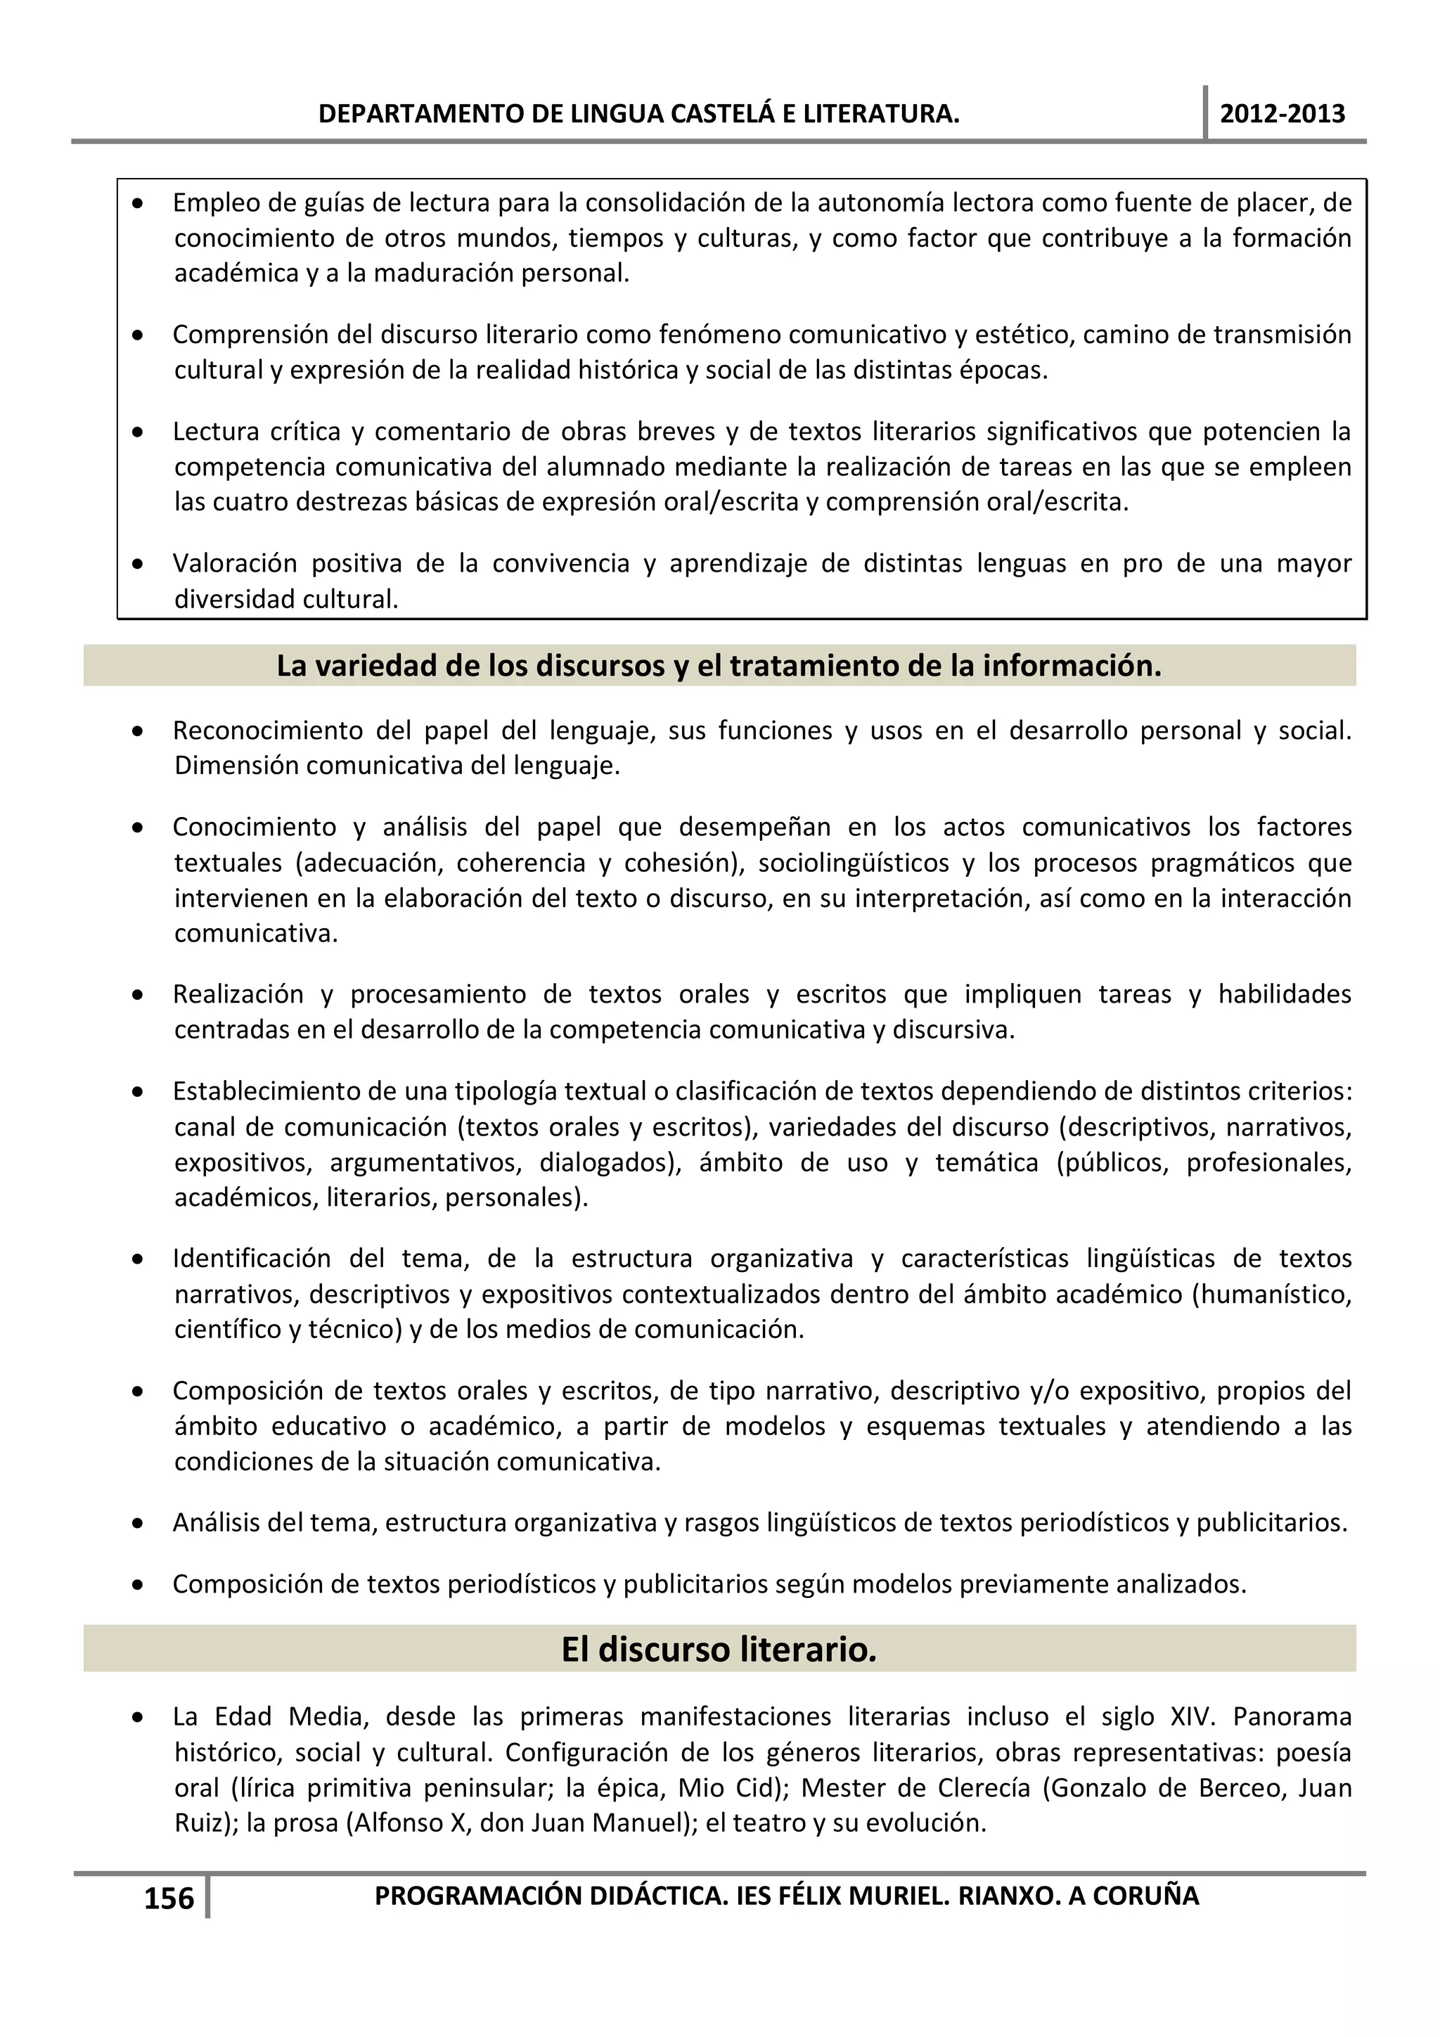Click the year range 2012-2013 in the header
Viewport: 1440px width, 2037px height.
1282,114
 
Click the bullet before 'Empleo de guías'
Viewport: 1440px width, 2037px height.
138,204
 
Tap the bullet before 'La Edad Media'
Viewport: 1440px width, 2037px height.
138,1718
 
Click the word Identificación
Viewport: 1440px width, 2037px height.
252,1259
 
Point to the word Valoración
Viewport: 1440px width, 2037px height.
233,563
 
